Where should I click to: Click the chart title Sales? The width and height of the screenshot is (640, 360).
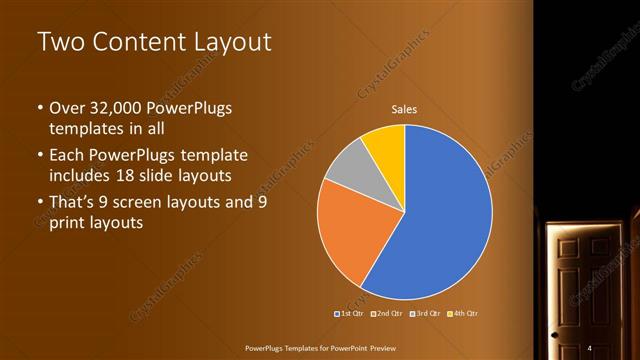tap(404, 109)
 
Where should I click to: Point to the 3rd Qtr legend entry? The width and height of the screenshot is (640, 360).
tap(424, 314)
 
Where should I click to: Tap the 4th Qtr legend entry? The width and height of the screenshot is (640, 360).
tap(463, 314)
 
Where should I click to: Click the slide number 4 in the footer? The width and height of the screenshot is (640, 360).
tap(590, 347)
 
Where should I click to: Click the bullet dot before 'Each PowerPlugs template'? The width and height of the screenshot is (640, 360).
tap(39, 156)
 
